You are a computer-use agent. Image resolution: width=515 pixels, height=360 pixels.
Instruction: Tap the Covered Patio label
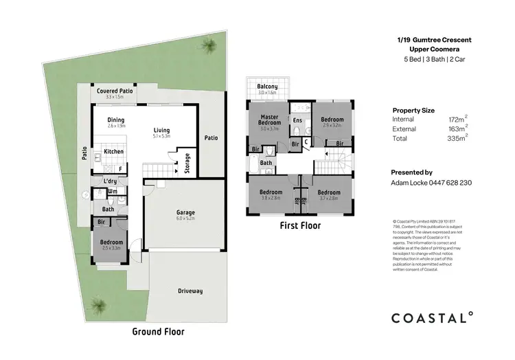(115, 91)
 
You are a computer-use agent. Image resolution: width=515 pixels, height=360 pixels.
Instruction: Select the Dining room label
(115, 120)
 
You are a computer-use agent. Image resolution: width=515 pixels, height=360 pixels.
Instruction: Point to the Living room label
(161, 130)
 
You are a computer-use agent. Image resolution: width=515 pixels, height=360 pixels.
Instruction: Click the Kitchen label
(113, 152)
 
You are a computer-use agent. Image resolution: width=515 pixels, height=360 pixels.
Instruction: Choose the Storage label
(187, 164)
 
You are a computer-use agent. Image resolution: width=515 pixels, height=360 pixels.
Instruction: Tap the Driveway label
(190, 291)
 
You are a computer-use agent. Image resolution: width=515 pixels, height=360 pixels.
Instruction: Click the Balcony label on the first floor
(267, 87)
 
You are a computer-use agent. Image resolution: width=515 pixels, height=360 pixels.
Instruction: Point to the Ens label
(297, 121)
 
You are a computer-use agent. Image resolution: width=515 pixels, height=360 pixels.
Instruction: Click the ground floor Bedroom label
(111, 243)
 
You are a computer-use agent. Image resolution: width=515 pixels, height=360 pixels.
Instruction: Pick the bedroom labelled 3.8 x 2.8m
(271, 192)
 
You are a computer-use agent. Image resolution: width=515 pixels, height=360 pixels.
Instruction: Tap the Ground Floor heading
(159, 331)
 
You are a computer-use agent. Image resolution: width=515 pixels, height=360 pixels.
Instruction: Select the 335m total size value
(456, 138)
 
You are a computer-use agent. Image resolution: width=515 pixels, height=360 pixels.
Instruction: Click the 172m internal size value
(456, 120)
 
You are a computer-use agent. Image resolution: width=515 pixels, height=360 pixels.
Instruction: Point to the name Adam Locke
(410, 183)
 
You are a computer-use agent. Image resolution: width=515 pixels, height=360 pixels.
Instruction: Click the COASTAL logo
(432, 317)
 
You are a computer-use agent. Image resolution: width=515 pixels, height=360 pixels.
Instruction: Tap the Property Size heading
(413, 110)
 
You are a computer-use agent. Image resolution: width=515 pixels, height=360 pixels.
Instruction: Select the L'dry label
(110, 181)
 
